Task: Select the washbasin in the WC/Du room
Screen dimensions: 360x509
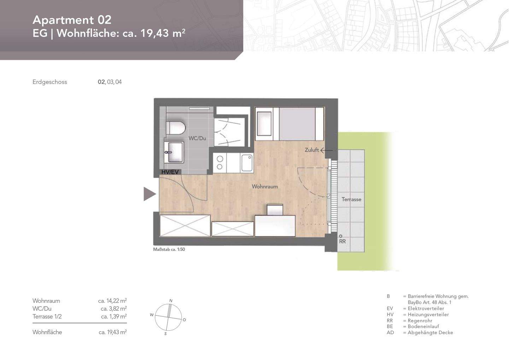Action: pyautogui.click(x=174, y=152)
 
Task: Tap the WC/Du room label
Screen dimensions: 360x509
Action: pyautogui.click(x=197, y=138)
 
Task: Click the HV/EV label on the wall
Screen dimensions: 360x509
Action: pyautogui.click(x=170, y=172)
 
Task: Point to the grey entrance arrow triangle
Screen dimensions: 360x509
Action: pyautogui.click(x=149, y=194)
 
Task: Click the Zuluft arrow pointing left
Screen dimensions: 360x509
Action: pyautogui.click(x=326, y=150)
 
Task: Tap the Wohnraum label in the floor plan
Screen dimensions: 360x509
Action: pyautogui.click(x=265, y=186)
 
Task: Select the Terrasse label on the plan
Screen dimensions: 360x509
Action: pyautogui.click(x=351, y=199)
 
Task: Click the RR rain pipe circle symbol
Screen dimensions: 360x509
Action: pyautogui.click(x=340, y=236)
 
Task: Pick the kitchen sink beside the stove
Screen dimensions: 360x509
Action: pyautogui.click(x=247, y=163)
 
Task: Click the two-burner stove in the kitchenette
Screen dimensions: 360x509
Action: pyautogui.click(x=220, y=163)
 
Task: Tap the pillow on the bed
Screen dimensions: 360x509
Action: pyautogui.click(x=264, y=123)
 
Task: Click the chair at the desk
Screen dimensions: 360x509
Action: pyautogui.click(x=275, y=210)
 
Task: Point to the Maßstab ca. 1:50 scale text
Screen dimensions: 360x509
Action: pyautogui.click(x=169, y=249)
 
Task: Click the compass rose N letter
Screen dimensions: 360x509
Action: pyautogui.click(x=171, y=301)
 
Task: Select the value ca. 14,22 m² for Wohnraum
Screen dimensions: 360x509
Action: pyautogui.click(x=112, y=301)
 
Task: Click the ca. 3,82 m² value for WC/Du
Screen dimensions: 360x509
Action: pyautogui.click(x=113, y=309)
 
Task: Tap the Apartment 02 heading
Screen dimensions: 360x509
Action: pyautogui.click(x=72, y=20)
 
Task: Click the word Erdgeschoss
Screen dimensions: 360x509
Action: pyautogui.click(x=50, y=82)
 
